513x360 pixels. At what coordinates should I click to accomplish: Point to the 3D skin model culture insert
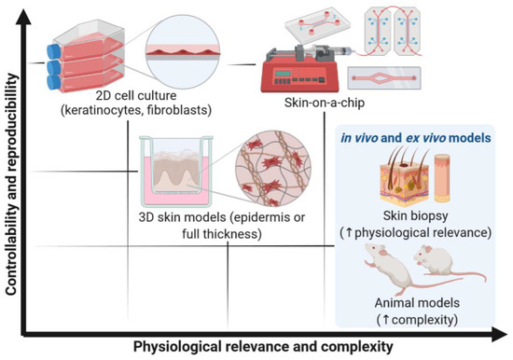coord(178,174)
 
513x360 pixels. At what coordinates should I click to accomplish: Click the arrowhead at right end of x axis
coord(506,332)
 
